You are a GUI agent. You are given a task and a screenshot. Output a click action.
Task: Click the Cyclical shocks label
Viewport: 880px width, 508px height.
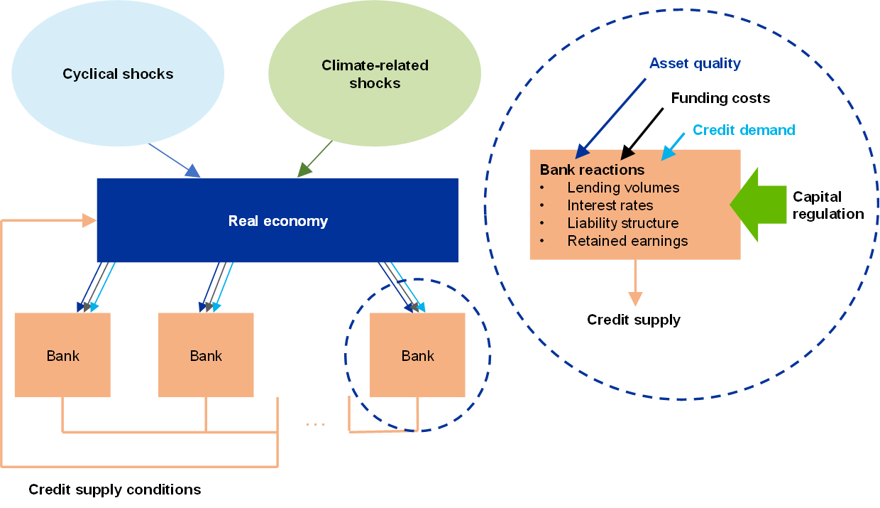click(118, 74)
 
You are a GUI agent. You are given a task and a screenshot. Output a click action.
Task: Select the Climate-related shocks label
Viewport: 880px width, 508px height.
click(375, 74)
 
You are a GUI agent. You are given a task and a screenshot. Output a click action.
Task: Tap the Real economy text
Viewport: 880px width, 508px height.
click(277, 221)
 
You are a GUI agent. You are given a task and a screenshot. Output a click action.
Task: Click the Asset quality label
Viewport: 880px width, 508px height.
click(695, 64)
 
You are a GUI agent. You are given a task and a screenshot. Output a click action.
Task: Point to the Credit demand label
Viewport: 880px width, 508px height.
click(743, 130)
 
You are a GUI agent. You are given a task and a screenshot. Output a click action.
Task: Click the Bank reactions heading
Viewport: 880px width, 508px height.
click(592, 170)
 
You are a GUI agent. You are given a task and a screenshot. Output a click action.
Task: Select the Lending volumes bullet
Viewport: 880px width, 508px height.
click(623, 188)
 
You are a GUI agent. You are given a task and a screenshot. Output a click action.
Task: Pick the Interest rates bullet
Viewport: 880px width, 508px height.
click(610, 206)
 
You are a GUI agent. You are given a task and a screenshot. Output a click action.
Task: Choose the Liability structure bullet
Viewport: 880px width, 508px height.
click(622, 224)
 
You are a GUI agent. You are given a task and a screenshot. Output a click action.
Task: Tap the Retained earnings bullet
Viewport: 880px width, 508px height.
click(627, 242)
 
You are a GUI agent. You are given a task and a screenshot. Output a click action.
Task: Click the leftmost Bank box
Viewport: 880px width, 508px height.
click(62, 355)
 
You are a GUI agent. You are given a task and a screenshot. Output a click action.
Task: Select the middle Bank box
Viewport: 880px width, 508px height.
click(206, 355)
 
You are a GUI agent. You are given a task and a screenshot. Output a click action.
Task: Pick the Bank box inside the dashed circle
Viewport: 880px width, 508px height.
click(417, 355)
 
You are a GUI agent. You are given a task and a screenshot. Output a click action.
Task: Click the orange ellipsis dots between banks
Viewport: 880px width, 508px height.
click(315, 424)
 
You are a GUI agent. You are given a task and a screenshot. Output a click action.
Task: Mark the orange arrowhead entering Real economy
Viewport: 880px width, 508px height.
click(89, 220)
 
